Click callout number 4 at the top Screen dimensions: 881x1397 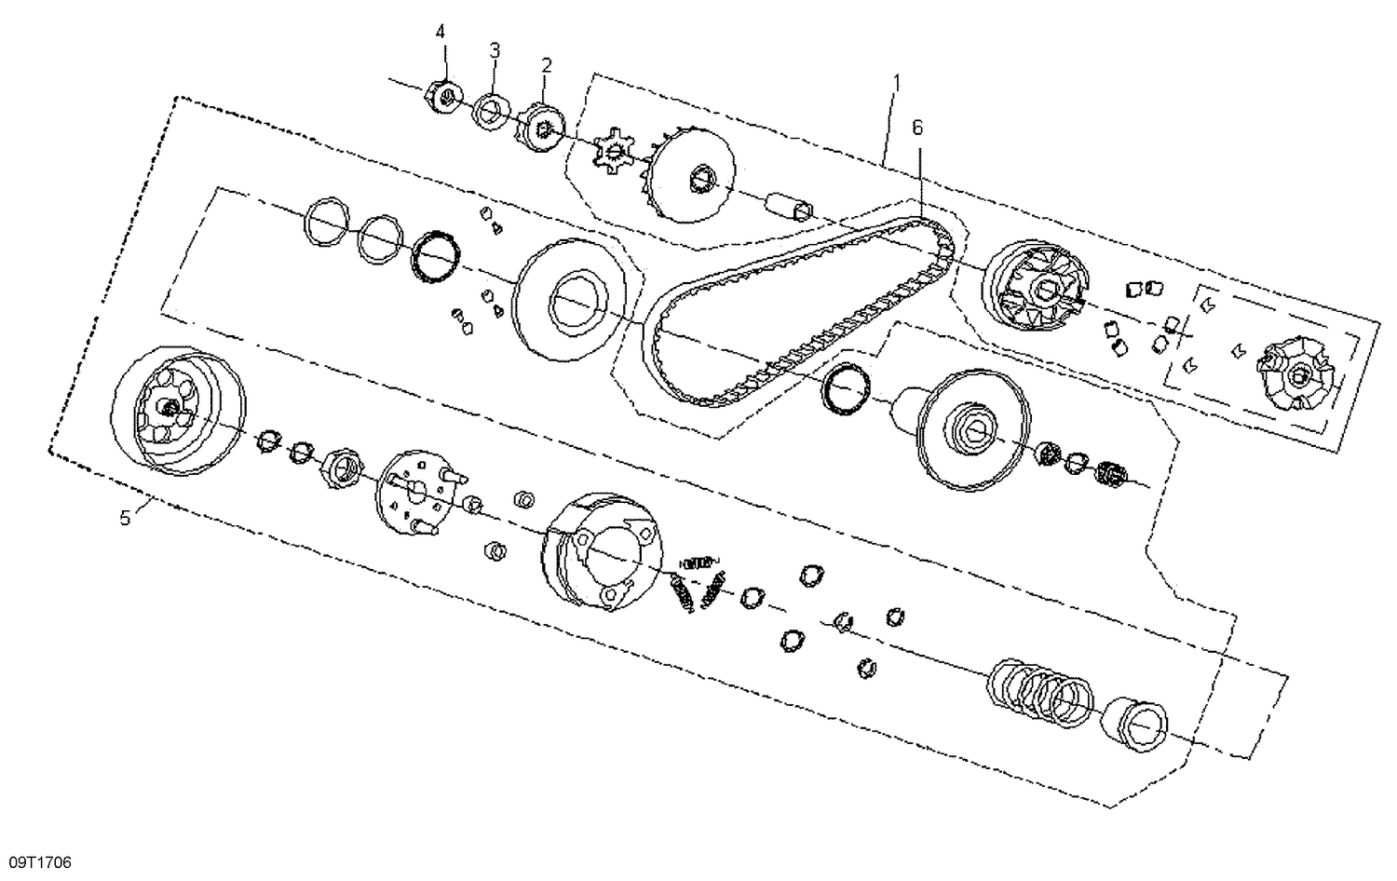pos(441,32)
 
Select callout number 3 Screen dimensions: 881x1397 pos(495,49)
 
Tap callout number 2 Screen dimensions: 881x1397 pos(547,65)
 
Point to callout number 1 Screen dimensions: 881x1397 pos(896,83)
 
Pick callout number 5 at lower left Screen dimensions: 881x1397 pos(125,518)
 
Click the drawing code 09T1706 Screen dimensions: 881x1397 pos(40,863)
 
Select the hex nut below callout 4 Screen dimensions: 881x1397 pos(445,96)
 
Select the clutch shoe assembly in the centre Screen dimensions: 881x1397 pos(603,553)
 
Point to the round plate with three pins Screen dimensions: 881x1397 pos(421,494)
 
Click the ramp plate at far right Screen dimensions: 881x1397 pos(1296,376)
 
